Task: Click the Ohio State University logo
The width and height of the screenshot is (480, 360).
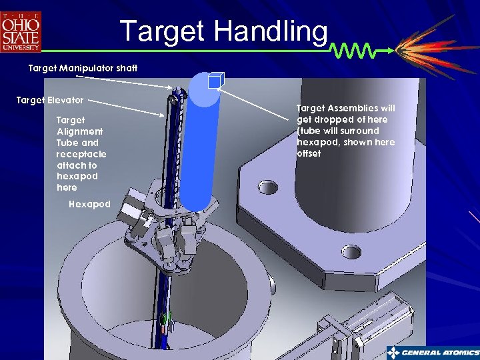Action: pos(21,31)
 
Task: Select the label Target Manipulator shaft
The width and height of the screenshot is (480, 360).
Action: pos(82,68)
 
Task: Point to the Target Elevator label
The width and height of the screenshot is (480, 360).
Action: pos(50,100)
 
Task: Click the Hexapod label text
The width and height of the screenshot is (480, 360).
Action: pos(89,204)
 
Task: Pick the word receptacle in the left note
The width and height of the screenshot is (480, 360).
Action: pos(81,154)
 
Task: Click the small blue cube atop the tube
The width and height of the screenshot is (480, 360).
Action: pos(214,81)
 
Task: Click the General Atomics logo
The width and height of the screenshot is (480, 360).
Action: pos(433,352)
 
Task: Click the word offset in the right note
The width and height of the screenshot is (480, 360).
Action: pos(309,153)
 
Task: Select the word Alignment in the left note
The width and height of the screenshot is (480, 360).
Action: pos(79,131)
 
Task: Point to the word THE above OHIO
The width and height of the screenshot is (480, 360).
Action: pos(21,15)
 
